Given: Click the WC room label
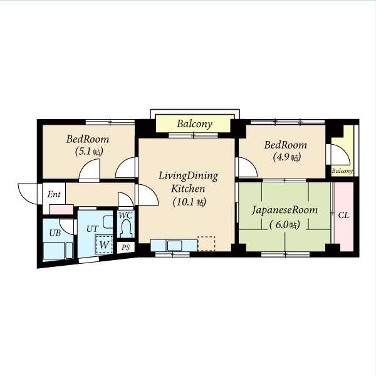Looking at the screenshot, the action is [125, 215].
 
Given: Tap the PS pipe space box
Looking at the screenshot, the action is [126, 248].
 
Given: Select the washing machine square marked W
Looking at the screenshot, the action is [104, 244].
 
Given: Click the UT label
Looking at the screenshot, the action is [92, 229].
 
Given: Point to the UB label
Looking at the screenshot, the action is [55, 232].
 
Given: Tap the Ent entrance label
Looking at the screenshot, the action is [54, 194].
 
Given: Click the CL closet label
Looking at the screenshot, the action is [343, 216].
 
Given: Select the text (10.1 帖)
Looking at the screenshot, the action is [189, 202].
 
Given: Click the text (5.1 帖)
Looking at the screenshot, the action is [89, 151].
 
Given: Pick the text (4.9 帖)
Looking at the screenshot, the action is [286, 157].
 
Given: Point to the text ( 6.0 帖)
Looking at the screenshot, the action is [285, 225].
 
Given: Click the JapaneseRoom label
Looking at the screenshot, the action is [285, 211].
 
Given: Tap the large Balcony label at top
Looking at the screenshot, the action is [194, 124].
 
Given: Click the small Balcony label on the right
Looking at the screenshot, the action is [342, 171].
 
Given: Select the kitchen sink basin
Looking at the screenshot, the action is [174, 246].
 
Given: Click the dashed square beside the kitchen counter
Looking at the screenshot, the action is [206, 244].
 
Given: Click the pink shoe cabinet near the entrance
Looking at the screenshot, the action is [61, 209].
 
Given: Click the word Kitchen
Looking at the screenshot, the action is [188, 189].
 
